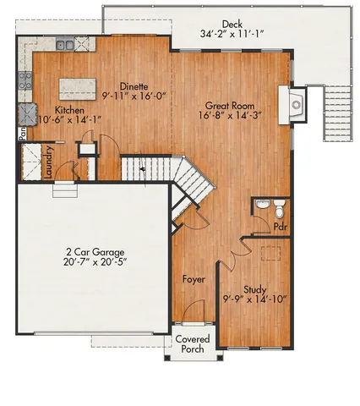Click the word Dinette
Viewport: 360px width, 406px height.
tap(134, 85)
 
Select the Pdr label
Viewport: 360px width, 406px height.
tap(281, 227)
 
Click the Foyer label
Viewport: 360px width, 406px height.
tap(194, 278)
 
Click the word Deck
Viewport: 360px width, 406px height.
tap(232, 25)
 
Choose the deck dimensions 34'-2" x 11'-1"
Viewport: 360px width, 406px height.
tap(232, 35)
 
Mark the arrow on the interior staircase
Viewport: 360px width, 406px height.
tap(142, 169)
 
